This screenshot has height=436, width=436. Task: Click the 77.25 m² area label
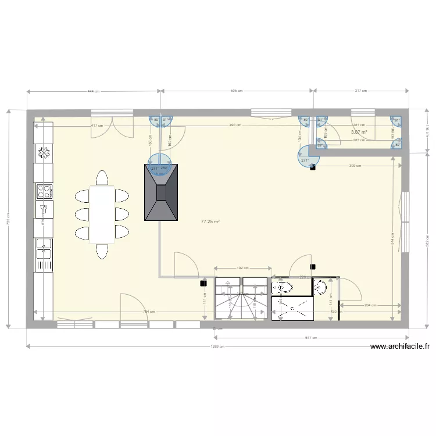(210, 221)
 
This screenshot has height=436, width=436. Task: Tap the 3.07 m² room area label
(359, 132)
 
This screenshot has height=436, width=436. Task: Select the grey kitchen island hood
(161, 192)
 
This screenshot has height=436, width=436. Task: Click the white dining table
(102, 214)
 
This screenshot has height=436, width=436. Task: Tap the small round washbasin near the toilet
(321, 286)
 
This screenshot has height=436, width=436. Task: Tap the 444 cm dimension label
(94, 91)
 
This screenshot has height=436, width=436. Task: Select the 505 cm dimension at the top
(237, 91)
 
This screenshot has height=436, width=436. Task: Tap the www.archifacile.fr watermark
(401, 346)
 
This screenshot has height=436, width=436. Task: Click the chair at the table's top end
(102, 177)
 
